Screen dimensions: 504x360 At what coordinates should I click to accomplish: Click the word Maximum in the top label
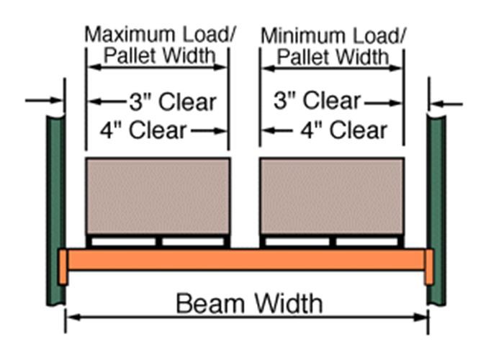(131, 35)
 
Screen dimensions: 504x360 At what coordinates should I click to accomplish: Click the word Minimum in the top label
(304, 36)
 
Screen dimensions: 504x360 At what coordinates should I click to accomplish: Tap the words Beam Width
(249, 303)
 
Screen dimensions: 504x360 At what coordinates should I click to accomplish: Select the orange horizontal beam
(246, 260)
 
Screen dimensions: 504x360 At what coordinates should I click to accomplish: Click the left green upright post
(56, 210)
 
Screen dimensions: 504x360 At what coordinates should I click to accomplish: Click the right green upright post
(436, 210)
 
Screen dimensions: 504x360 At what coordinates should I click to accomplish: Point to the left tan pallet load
(158, 196)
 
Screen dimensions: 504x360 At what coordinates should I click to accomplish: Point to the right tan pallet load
(333, 196)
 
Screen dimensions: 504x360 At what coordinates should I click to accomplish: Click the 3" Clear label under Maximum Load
(173, 102)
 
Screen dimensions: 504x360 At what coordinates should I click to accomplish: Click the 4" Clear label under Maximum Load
(143, 130)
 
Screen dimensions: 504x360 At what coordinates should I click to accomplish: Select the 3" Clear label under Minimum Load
(318, 100)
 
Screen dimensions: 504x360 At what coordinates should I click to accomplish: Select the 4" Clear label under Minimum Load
(344, 130)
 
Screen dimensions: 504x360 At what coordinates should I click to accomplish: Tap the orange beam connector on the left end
(63, 267)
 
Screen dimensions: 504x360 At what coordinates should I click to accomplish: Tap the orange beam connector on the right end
(429, 267)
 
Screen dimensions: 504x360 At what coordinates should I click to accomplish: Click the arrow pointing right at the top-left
(44, 101)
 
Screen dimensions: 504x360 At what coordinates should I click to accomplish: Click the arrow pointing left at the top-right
(446, 104)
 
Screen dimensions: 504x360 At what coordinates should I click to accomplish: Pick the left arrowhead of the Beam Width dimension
(75, 318)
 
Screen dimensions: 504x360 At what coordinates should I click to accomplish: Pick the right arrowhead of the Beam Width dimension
(420, 318)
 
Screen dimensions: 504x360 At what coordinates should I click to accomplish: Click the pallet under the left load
(158, 241)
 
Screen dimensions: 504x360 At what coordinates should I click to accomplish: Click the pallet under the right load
(333, 241)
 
